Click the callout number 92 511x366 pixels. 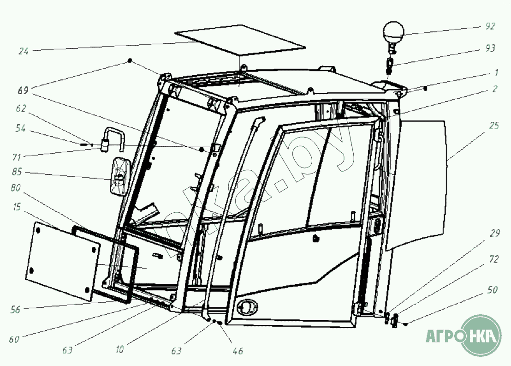490,26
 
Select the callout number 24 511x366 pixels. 24,51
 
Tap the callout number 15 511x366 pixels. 17,208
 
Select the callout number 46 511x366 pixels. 238,351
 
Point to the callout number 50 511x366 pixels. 492,290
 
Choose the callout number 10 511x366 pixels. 120,349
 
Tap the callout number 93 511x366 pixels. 490,48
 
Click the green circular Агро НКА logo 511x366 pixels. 481,335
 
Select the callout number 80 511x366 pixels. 16,189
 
